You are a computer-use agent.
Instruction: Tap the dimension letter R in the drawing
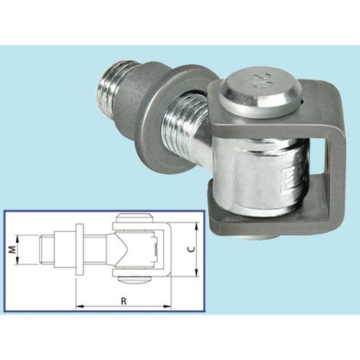(x=123, y=301)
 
